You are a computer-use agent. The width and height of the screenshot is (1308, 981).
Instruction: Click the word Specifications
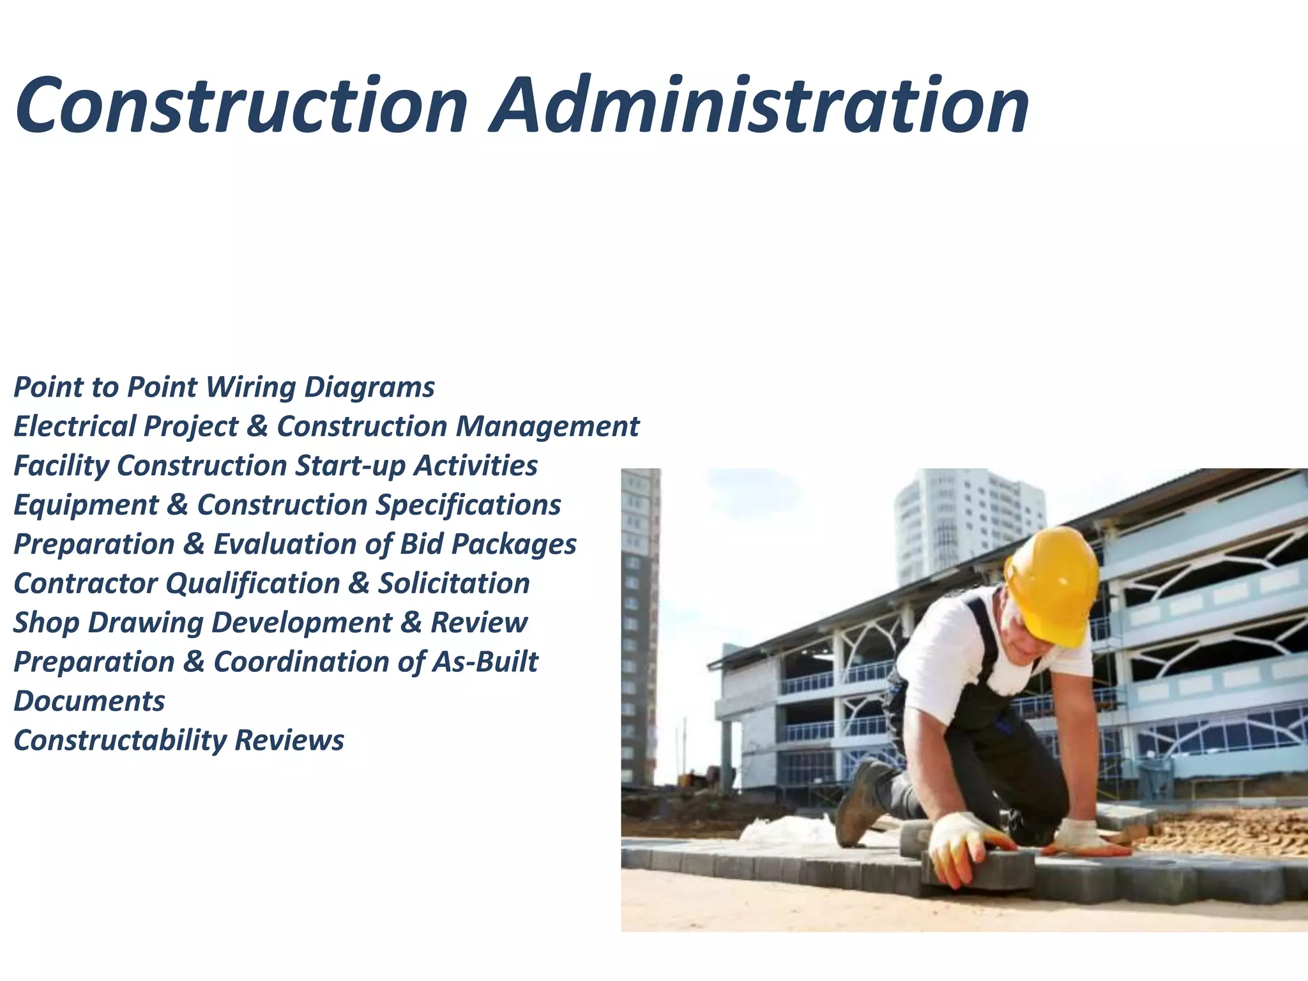point(468,505)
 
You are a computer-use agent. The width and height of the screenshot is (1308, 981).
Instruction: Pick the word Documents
point(89,701)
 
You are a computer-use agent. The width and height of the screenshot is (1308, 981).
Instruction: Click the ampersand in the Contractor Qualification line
point(359,584)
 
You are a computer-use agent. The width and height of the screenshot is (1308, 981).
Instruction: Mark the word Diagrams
point(369,387)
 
